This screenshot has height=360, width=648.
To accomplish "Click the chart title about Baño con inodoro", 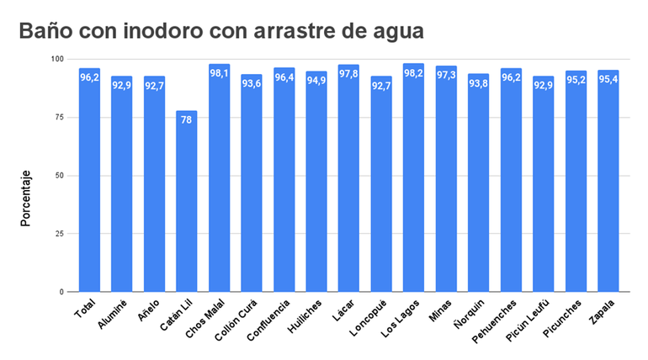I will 221,32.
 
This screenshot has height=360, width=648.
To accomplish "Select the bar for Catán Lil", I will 187,202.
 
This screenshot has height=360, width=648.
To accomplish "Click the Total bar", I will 90,181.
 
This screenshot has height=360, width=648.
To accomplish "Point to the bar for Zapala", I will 608,182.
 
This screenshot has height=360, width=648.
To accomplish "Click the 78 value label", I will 187,120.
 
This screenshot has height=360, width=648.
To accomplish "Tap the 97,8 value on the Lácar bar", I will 349,74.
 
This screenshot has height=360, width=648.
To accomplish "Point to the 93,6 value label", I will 252,83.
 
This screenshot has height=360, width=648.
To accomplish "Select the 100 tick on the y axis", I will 56,59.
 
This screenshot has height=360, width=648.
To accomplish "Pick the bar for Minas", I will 446,180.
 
